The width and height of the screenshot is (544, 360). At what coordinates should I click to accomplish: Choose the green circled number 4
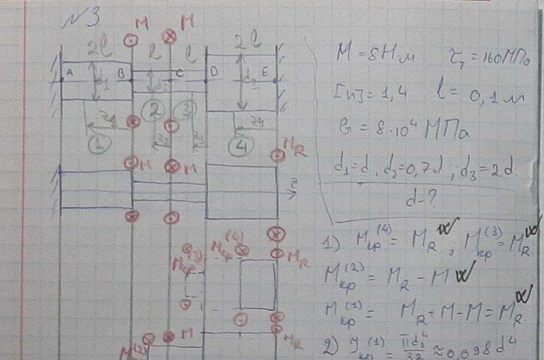[239, 146]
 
